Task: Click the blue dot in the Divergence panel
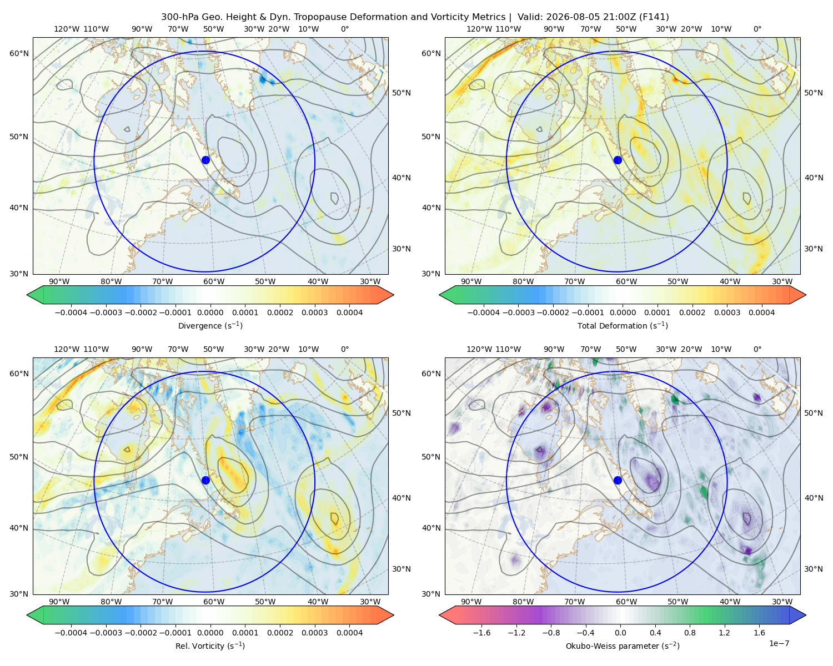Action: (205, 160)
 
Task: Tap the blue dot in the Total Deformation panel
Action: (618, 160)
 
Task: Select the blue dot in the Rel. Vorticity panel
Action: (205, 480)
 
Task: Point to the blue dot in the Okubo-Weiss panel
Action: (618, 480)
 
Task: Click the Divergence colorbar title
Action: (210, 326)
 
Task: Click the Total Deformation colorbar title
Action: (623, 326)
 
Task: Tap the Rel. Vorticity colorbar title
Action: (210, 646)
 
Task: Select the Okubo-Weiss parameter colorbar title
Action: (623, 646)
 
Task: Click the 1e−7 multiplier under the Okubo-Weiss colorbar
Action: (779, 643)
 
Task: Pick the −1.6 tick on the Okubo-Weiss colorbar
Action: (481, 633)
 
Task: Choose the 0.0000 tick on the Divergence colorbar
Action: (210, 312)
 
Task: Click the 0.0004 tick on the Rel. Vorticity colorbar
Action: (349, 633)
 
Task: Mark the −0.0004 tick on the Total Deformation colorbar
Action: (484, 312)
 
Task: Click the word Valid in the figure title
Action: (529, 17)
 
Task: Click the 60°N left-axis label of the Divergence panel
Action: (19, 53)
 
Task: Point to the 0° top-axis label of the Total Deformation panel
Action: (757, 29)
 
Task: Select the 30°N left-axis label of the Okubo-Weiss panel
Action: (431, 594)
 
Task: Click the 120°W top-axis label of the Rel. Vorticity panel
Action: (67, 349)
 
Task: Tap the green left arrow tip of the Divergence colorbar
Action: (27, 295)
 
